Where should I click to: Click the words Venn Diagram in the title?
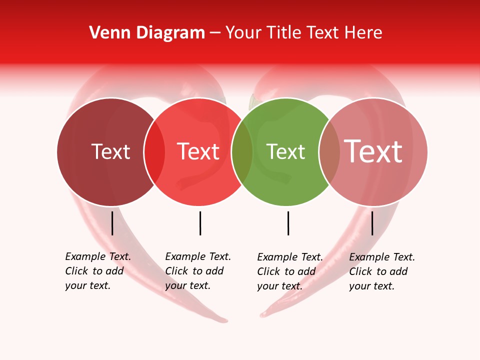(147, 32)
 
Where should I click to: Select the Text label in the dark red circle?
(110, 151)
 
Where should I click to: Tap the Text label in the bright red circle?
(198, 151)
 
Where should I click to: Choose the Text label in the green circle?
(285, 151)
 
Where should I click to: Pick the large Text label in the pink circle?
(373, 151)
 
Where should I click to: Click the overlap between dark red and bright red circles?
(154, 152)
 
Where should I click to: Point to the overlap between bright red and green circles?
(242, 152)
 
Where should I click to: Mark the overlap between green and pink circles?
(329, 152)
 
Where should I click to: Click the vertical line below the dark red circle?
(112, 223)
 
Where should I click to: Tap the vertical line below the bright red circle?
(200, 223)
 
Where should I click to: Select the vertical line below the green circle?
(288, 223)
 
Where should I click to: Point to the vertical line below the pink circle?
(372, 223)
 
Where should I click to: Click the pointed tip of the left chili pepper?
(226, 320)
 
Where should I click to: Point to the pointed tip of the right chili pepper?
(262, 315)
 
